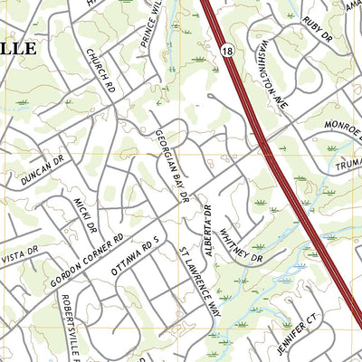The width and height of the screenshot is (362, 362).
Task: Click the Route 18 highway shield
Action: pyautogui.click(x=226, y=53)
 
